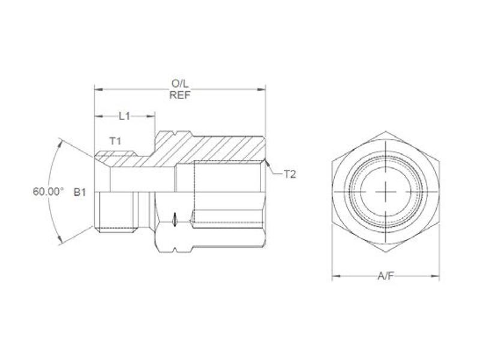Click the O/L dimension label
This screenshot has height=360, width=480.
pyautogui.click(x=180, y=85)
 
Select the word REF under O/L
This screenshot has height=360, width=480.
pyautogui.click(x=180, y=95)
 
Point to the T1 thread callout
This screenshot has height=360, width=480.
pyautogui.click(x=116, y=141)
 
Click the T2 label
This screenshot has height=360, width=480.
pyautogui.click(x=290, y=174)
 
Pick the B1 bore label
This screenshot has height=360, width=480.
pyautogui.click(x=80, y=193)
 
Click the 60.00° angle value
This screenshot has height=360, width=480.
pyautogui.click(x=48, y=192)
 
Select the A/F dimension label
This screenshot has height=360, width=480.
pyautogui.click(x=385, y=275)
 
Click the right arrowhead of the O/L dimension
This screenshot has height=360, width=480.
pyautogui.click(x=263, y=90)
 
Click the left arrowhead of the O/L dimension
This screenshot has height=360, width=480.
pyautogui.click(x=97, y=90)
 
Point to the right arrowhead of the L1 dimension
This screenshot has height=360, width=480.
pyautogui.click(x=153, y=116)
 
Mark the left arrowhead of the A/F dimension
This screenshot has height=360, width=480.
pyautogui.click(x=335, y=277)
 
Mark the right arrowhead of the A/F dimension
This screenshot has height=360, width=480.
pyautogui.click(x=436, y=277)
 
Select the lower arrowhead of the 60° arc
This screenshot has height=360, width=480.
pyautogui.click(x=62, y=242)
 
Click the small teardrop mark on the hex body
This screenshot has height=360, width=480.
pyautogui.click(x=173, y=220)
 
